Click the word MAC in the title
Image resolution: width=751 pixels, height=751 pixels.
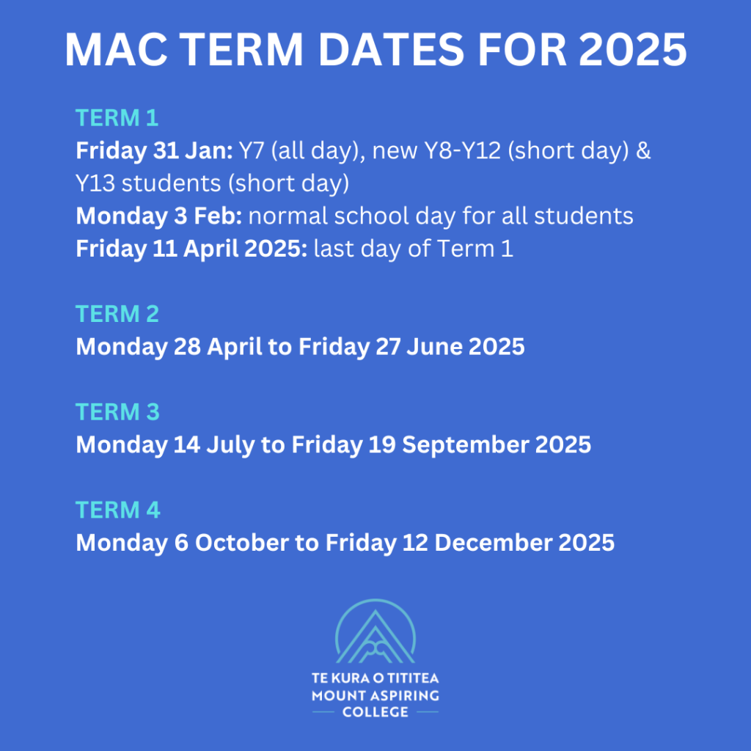pyautogui.click(x=117, y=50)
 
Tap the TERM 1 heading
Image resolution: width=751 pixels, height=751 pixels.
pyautogui.click(x=117, y=118)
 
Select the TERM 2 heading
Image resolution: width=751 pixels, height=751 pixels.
pyautogui.click(x=117, y=314)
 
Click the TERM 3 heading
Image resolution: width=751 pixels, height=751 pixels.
pyautogui.click(x=117, y=412)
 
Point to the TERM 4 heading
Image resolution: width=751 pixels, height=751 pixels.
pyautogui.click(x=118, y=510)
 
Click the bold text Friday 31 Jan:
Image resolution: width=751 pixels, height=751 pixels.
pyautogui.click(x=154, y=150)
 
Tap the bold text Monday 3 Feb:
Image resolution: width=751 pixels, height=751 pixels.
pyautogui.click(x=159, y=216)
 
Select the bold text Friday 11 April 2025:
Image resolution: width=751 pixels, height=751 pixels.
pyautogui.click(x=191, y=249)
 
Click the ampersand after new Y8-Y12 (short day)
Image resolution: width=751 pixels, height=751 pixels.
pyautogui.click(x=643, y=150)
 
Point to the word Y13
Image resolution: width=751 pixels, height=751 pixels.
pyautogui.click(x=95, y=183)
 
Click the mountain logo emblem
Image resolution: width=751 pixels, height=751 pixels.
pyautogui.click(x=375, y=631)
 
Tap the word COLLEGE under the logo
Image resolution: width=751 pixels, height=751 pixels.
pyautogui.click(x=375, y=712)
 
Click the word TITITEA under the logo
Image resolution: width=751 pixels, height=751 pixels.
pyautogui.click(x=413, y=678)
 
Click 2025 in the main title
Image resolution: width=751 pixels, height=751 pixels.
pyautogui.click(x=633, y=50)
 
